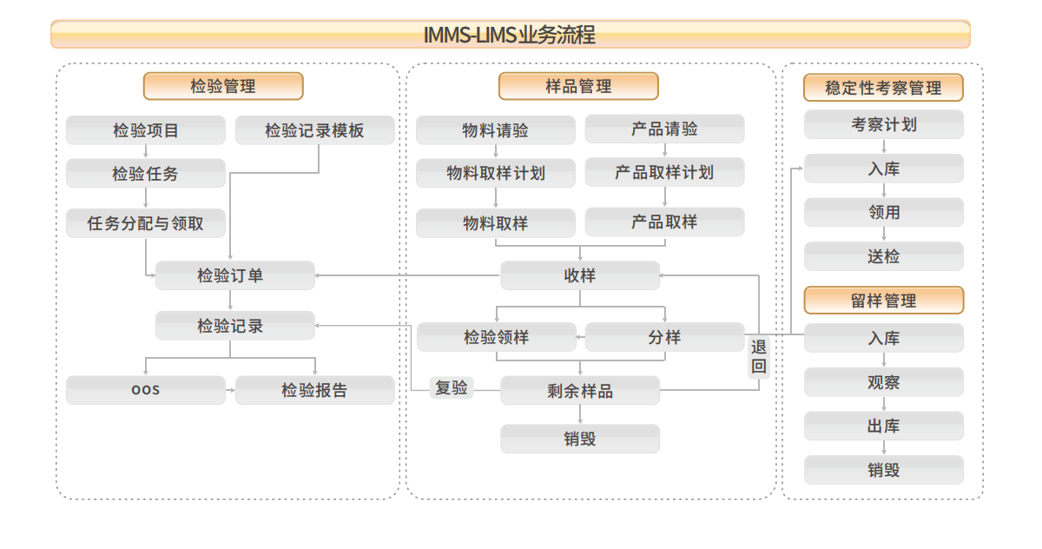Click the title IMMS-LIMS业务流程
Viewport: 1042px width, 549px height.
(510, 35)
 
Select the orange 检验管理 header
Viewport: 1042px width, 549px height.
(223, 86)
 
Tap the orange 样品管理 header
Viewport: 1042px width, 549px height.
(578, 86)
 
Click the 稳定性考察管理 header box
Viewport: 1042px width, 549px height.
(883, 88)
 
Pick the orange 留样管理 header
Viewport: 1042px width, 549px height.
(884, 300)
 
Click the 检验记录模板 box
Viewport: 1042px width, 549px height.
(315, 130)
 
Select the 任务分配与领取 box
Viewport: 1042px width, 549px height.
(146, 223)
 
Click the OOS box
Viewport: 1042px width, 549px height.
(146, 390)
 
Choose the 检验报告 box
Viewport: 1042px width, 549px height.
(315, 390)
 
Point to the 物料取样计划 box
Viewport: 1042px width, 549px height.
(496, 173)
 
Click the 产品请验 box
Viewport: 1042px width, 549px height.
(665, 129)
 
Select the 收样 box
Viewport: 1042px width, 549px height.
(580, 275)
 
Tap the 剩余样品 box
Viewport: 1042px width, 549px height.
(580, 391)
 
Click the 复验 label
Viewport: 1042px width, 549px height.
(452, 388)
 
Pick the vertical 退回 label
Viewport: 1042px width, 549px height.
(759, 356)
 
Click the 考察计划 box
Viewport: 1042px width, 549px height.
(884, 125)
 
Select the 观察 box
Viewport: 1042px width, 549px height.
(884, 382)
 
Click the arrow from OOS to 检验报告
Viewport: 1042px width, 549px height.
(230, 390)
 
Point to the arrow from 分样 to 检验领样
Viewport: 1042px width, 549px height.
(581, 337)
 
